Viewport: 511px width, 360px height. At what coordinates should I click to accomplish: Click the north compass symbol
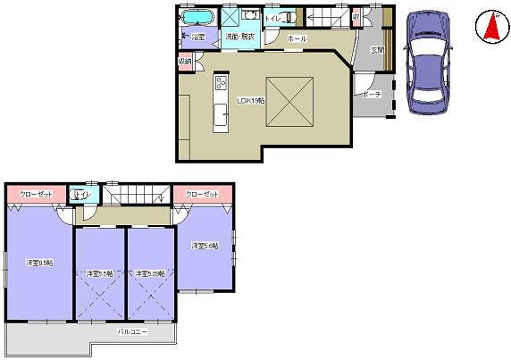tap(490, 26)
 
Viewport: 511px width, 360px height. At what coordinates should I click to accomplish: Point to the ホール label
tap(298, 39)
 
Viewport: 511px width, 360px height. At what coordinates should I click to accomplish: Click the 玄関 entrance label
tap(377, 50)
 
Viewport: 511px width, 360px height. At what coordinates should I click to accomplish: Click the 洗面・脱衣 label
tap(239, 37)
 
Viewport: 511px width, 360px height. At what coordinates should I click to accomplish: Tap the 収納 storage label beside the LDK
tap(185, 62)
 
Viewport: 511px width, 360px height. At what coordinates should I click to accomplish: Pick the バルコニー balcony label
tap(133, 331)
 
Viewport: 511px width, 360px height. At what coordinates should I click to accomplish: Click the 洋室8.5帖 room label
tap(39, 263)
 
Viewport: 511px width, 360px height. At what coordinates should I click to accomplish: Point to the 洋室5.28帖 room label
tap(149, 273)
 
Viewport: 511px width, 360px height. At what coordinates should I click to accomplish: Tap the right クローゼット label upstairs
tap(203, 194)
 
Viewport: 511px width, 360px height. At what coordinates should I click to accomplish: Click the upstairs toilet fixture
tap(78, 195)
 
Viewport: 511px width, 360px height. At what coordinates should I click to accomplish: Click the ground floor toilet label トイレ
tap(274, 18)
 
